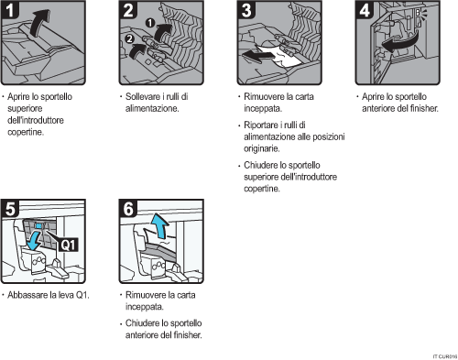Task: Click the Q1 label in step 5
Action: pos(70,244)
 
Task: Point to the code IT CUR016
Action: pos(441,354)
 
